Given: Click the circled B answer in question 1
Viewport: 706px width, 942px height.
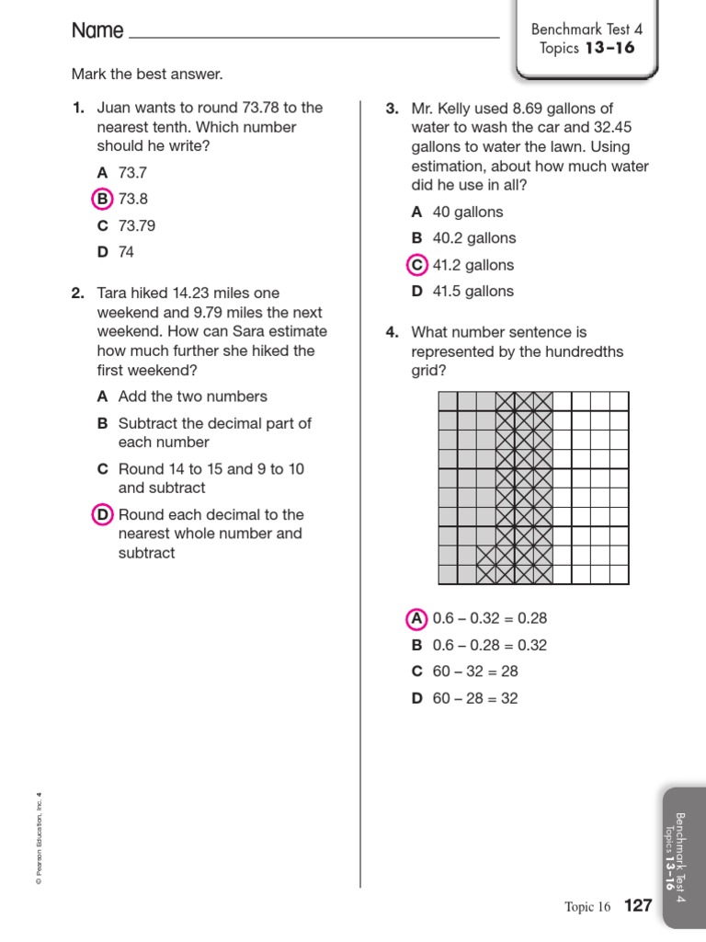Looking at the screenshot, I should coord(102,199).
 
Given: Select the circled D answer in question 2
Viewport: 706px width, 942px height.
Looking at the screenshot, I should coord(102,514).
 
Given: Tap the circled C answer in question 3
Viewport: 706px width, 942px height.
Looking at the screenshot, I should coord(416,265).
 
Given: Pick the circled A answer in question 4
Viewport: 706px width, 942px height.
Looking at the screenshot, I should coord(416,618).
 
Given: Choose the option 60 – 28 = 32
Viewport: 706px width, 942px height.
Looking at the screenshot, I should coord(475,698).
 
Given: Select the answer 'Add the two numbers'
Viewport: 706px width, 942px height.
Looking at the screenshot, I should coord(192,396).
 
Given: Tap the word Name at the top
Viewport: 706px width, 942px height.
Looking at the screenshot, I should coord(97,30).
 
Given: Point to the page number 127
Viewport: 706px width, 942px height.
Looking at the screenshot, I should coord(638,906).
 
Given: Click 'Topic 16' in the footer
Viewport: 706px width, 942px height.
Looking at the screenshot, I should coord(587,907).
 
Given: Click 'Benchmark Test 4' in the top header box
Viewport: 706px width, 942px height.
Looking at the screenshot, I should coord(587,29).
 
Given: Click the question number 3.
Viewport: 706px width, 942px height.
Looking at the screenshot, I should coord(392,109).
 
